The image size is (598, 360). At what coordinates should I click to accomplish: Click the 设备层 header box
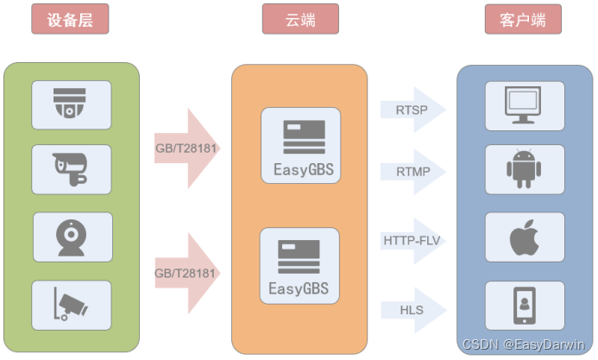click(x=70, y=19)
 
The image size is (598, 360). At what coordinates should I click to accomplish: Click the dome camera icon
click(x=72, y=104)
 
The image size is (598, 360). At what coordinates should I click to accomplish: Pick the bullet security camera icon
click(x=72, y=169)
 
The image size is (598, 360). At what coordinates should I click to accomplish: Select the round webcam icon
click(x=72, y=236)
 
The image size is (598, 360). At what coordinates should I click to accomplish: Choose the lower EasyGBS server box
click(x=299, y=265)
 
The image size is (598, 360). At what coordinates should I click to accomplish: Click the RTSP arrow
click(x=412, y=110)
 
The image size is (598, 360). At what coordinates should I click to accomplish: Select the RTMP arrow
click(x=412, y=172)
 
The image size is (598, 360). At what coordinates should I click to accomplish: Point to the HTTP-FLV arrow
click(x=412, y=240)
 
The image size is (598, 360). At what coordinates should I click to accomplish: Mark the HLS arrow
click(x=412, y=308)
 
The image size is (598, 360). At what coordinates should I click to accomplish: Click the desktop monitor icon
click(x=524, y=104)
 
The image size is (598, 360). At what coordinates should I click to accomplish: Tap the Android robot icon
click(x=524, y=169)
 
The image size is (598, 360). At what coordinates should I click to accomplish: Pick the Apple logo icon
click(x=524, y=236)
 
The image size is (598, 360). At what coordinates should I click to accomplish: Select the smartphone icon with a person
click(x=524, y=304)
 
